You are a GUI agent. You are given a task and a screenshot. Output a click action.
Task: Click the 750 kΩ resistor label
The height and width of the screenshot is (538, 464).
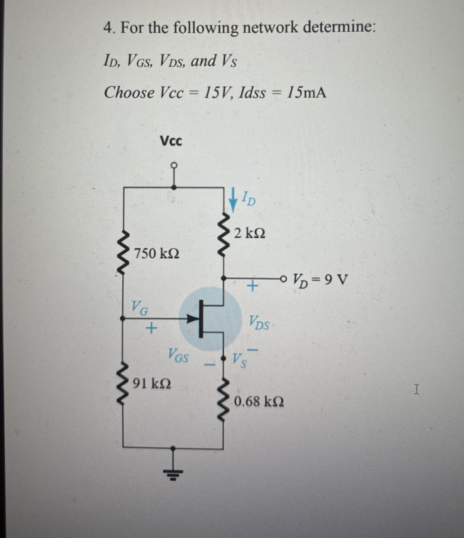(x=156, y=254)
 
